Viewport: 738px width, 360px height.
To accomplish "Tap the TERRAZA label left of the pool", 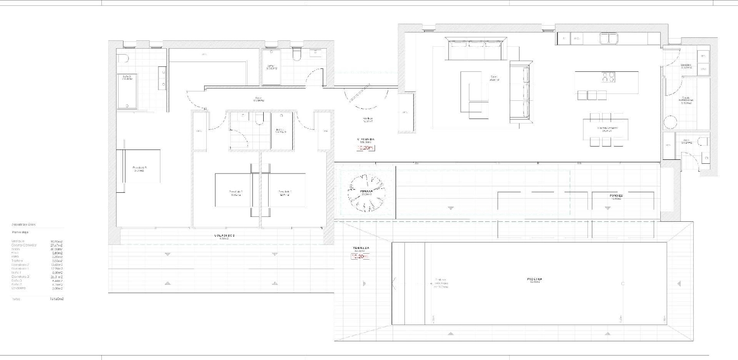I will [361, 248].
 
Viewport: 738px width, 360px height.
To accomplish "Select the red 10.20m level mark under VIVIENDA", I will [366, 147].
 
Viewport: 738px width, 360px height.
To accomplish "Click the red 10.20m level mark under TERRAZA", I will [360, 256].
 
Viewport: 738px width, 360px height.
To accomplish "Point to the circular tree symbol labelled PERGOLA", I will [365, 191].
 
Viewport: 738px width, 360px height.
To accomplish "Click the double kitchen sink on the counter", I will [608, 38].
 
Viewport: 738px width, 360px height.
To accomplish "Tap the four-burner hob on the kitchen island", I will [608, 77].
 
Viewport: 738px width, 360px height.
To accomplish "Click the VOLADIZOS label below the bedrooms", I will [224, 236].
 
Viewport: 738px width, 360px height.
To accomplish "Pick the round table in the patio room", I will [670, 121].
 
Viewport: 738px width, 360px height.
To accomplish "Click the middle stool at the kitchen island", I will [592, 95].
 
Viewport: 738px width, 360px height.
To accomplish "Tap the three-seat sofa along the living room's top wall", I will [475, 48].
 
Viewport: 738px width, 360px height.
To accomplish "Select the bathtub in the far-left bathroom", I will [127, 90].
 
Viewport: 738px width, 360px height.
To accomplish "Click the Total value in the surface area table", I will [57, 299].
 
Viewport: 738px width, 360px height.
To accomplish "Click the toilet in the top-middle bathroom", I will [297, 54].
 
